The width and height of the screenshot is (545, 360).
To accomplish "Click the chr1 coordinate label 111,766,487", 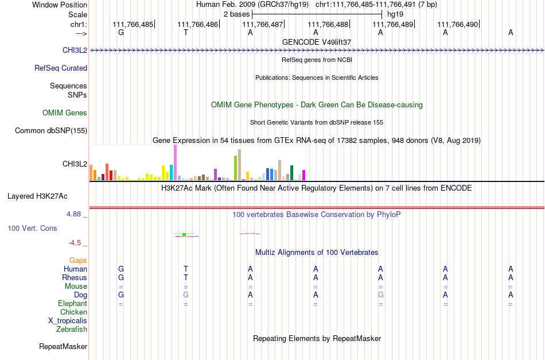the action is (x=262, y=24).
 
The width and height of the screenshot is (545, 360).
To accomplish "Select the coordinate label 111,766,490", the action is (x=457, y=24).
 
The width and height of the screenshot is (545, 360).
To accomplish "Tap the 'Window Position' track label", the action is (x=60, y=5).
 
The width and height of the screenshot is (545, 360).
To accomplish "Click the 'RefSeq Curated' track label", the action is (x=61, y=68).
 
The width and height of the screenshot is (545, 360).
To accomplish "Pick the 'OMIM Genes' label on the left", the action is (x=65, y=113).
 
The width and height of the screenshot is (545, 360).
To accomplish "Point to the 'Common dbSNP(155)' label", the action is (x=51, y=130).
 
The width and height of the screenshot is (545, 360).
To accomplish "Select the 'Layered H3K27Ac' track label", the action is (x=37, y=196).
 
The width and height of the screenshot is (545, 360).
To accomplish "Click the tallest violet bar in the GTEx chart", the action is (x=175, y=162).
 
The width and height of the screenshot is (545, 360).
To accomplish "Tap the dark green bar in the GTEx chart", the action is (x=291, y=173).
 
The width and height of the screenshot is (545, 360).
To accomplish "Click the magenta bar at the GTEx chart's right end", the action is (x=304, y=175).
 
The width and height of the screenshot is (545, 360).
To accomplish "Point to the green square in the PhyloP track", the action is (x=184, y=234).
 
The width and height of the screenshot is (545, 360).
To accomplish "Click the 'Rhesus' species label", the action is (x=75, y=277).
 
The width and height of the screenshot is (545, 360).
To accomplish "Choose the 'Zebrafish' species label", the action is (x=72, y=329).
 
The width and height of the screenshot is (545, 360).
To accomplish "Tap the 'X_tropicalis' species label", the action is (x=68, y=321).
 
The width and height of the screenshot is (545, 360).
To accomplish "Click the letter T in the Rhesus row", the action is (x=186, y=277).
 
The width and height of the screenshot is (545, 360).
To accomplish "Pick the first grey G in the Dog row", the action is (x=186, y=295).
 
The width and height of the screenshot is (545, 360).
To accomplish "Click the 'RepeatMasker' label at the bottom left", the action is (x=63, y=346).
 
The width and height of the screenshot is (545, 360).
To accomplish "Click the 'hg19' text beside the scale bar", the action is (x=395, y=14).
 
